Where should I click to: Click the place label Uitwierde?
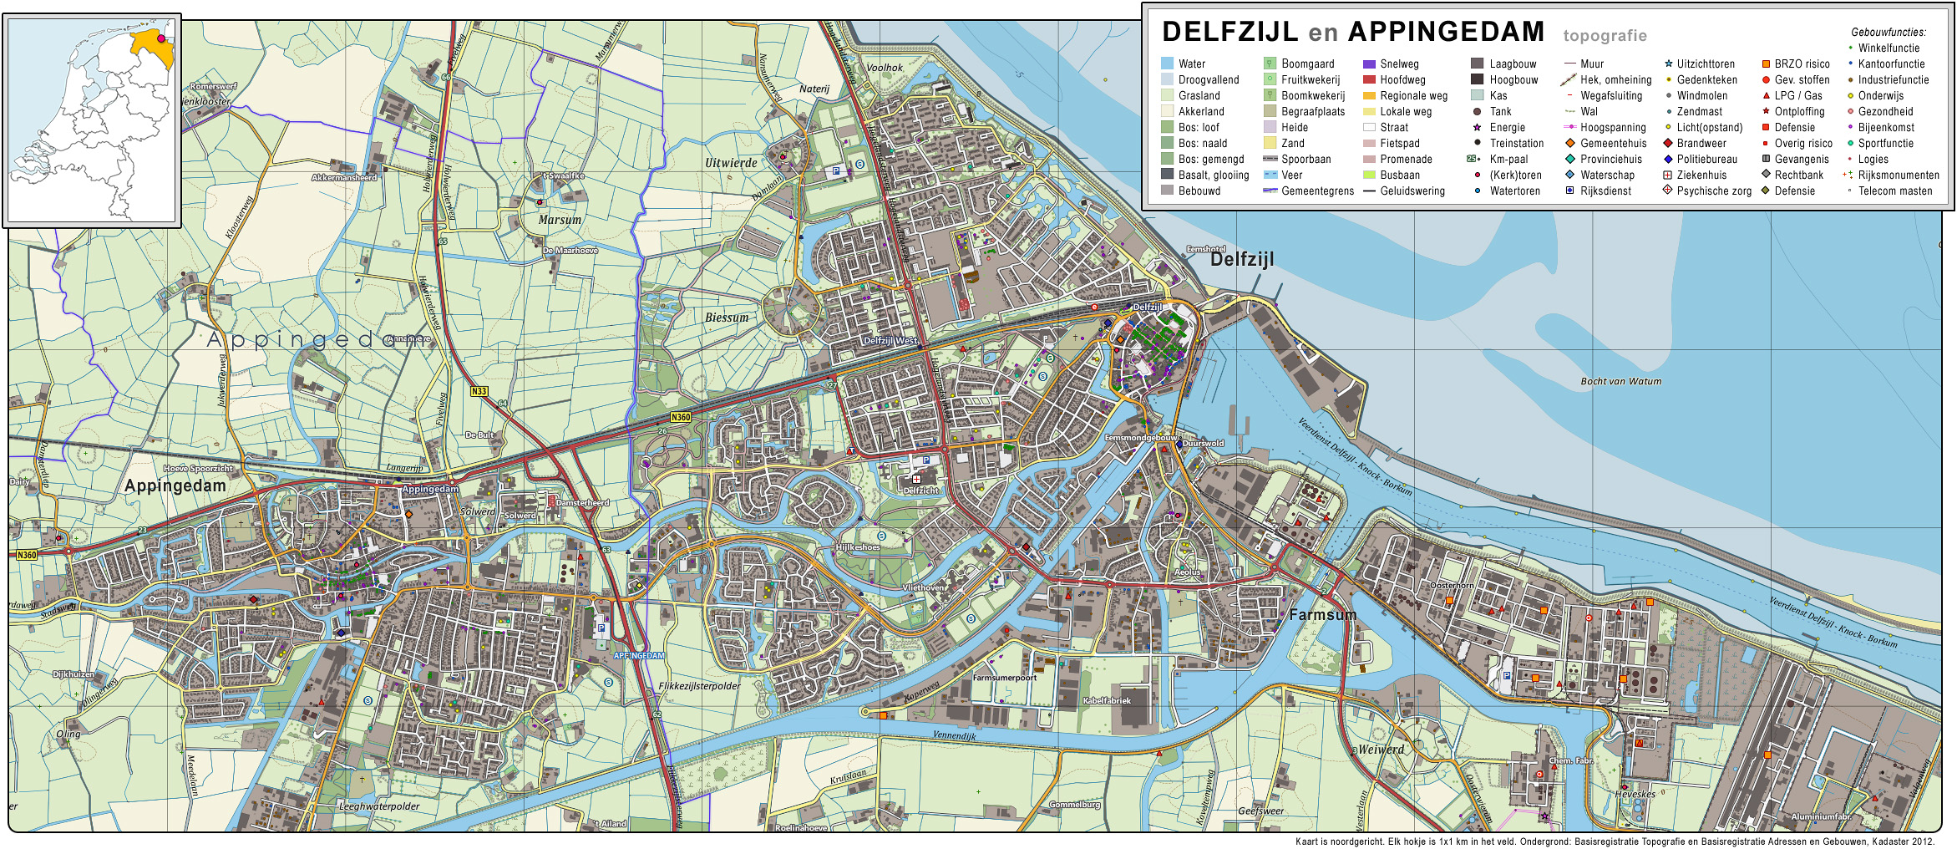pyautogui.click(x=731, y=163)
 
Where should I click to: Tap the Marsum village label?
pyautogui.click(x=560, y=220)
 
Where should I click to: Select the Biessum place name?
pyautogui.click(x=727, y=318)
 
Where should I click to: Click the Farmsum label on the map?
pyautogui.click(x=1322, y=615)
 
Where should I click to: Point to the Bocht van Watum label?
pyautogui.click(x=1620, y=381)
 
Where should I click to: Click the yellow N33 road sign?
pyautogui.click(x=479, y=391)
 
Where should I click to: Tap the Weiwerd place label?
pyautogui.click(x=1381, y=750)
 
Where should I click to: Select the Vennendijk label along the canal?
pyautogui.click(x=954, y=735)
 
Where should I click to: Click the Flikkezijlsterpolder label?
pyautogui.click(x=699, y=686)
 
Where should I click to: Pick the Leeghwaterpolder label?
pyautogui.click(x=379, y=806)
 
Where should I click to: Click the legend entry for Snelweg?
pyautogui.click(x=1399, y=64)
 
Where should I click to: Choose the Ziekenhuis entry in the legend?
pyautogui.click(x=1701, y=175)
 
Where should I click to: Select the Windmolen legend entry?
pyautogui.click(x=1701, y=95)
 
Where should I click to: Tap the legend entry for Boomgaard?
pyautogui.click(x=1307, y=64)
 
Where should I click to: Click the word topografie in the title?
pyautogui.click(x=1605, y=36)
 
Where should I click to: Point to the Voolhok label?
pyautogui.click(x=885, y=68)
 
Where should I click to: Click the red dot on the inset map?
pyautogui.click(x=161, y=38)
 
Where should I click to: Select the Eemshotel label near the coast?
pyautogui.click(x=1205, y=249)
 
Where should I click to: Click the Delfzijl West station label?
pyautogui.click(x=890, y=341)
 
